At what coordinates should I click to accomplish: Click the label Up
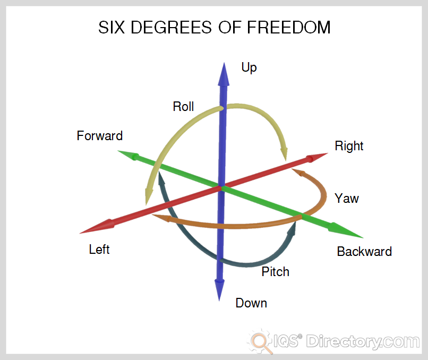point(249,67)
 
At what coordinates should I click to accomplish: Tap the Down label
point(251,303)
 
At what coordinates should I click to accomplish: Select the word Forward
point(99,136)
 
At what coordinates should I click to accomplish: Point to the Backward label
point(364,252)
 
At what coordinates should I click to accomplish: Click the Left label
point(99,249)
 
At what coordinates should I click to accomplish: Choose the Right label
point(349,146)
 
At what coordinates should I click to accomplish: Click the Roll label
point(183,107)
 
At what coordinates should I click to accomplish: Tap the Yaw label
point(347,199)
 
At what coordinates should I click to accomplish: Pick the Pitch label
point(275,272)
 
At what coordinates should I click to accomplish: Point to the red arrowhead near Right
point(318,157)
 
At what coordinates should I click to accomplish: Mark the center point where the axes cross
point(221,187)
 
